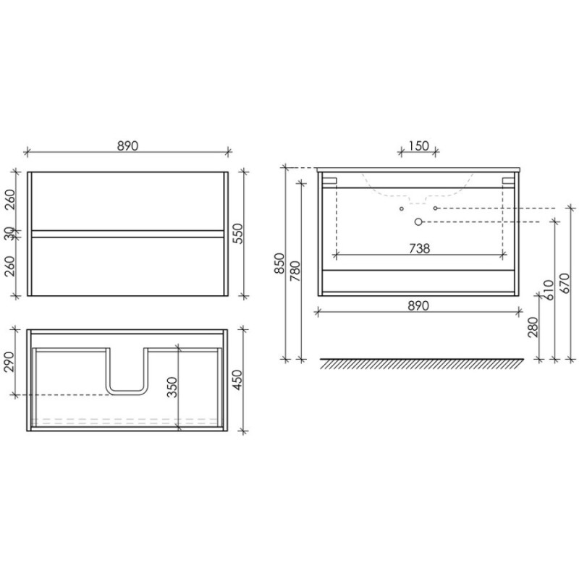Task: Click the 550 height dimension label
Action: point(239,233)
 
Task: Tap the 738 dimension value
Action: point(420,248)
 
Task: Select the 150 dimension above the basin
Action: point(419,146)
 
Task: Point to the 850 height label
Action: point(280,263)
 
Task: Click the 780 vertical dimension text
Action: point(295,271)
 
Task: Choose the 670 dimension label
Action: point(565,283)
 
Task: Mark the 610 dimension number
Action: point(549,290)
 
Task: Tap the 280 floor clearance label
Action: point(533,327)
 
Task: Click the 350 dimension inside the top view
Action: point(172,387)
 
